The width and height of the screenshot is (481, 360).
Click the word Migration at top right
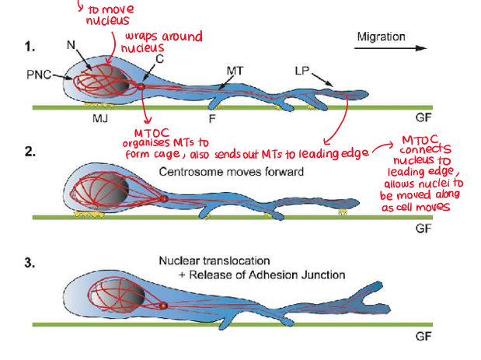pos(381,37)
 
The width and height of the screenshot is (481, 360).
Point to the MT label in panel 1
pos(235,71)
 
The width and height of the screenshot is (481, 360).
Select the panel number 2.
pos(30,153)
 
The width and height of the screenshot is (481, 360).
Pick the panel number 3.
pos(30,264)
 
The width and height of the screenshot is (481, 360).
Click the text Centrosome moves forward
pos(232,171)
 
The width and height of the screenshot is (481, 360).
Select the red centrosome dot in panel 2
pos(163,199)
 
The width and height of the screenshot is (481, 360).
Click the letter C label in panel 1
pos(159,58)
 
